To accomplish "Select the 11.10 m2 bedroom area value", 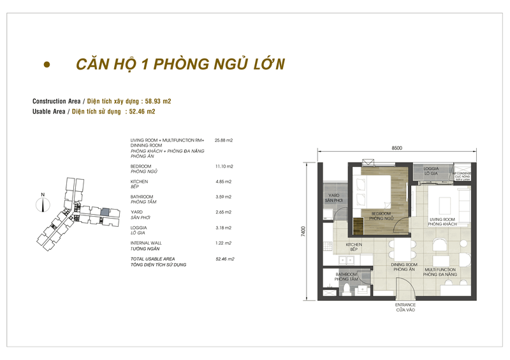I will click(x=224, y=166).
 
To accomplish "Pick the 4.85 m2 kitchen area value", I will click(x=224, y=182).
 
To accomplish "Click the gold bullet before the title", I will click(x=46, y=65).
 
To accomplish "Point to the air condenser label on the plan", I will click(x=462, y=175).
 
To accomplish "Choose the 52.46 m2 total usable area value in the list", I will click(x=225, y=259).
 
